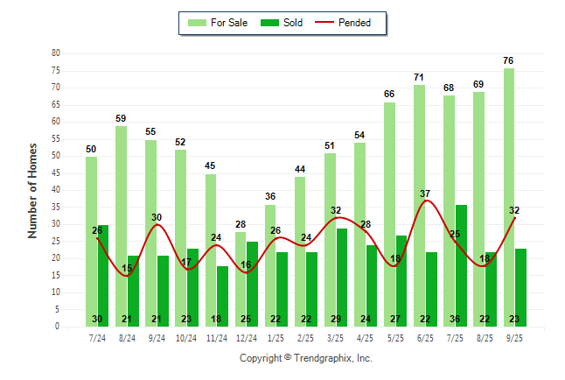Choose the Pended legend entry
coord(349,23)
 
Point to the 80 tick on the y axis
coord(56,53)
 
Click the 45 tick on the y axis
coord(56,172)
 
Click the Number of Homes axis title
coord(33,190)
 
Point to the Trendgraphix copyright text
coord(306,358)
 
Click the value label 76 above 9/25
coord(509,60)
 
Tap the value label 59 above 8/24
coord(121,118)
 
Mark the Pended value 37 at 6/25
coord(425,194)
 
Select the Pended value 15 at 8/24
coord(127,268)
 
